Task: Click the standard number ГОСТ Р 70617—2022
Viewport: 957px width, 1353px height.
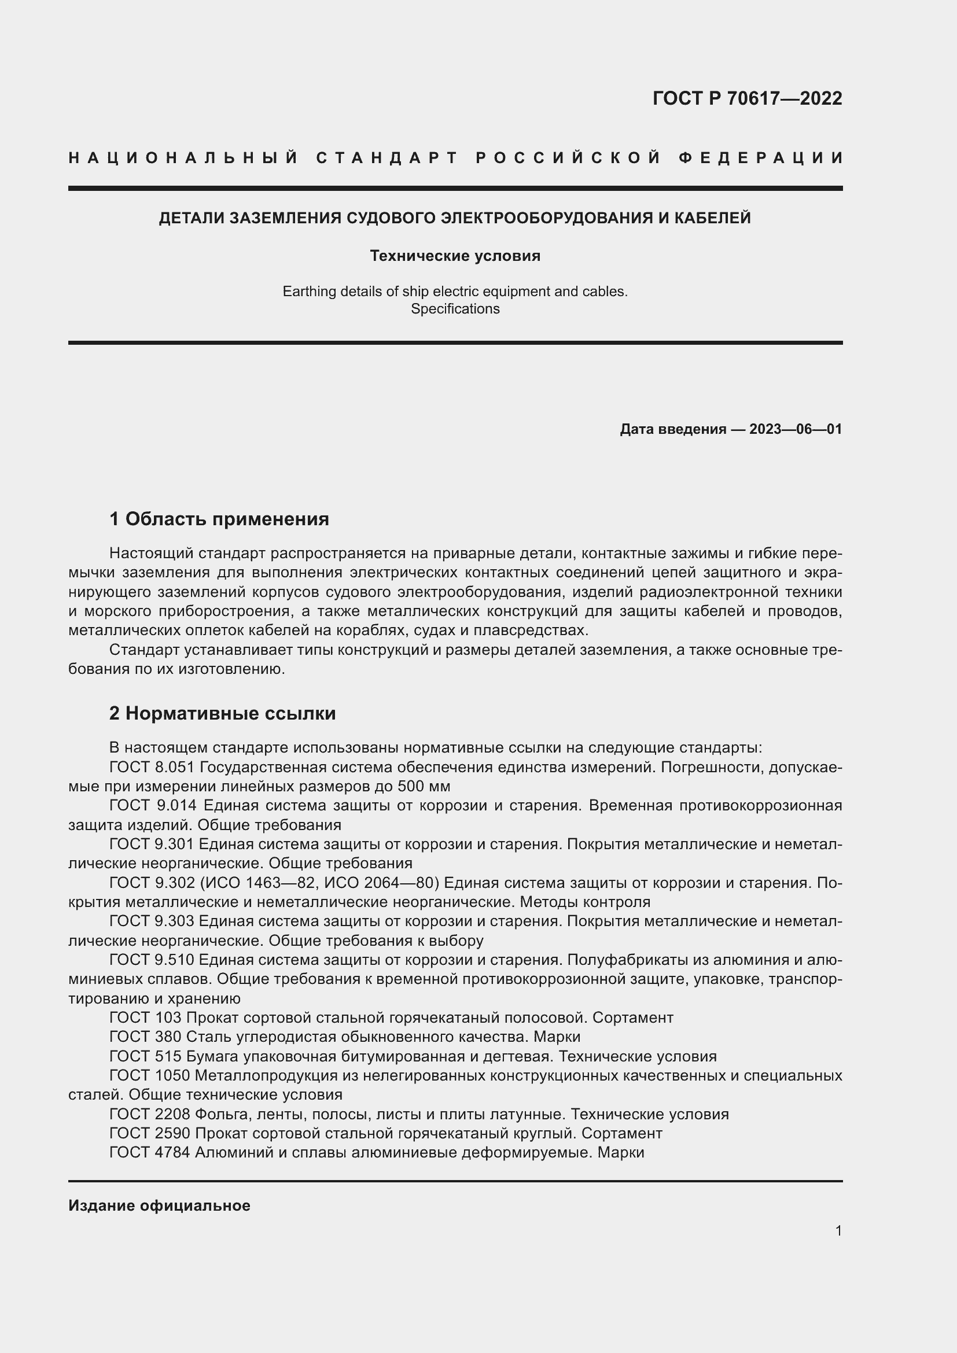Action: (747, 98)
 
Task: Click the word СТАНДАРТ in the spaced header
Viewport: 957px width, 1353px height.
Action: (387, 158)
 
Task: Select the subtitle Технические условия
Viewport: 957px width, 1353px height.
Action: (455, 256)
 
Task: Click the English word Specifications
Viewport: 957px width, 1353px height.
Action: (455, 309)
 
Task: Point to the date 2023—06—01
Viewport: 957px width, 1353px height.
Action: (795, 429)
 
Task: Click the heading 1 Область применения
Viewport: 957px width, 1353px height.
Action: (219, 519)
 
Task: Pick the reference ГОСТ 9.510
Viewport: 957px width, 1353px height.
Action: (152, 960)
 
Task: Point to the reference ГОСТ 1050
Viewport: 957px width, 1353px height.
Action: (150, 1075)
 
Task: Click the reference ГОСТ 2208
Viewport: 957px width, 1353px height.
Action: (150, 1114)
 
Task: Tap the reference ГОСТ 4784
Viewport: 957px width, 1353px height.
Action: (150, 1153)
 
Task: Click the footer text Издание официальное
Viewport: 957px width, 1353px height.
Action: (159, 1205)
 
